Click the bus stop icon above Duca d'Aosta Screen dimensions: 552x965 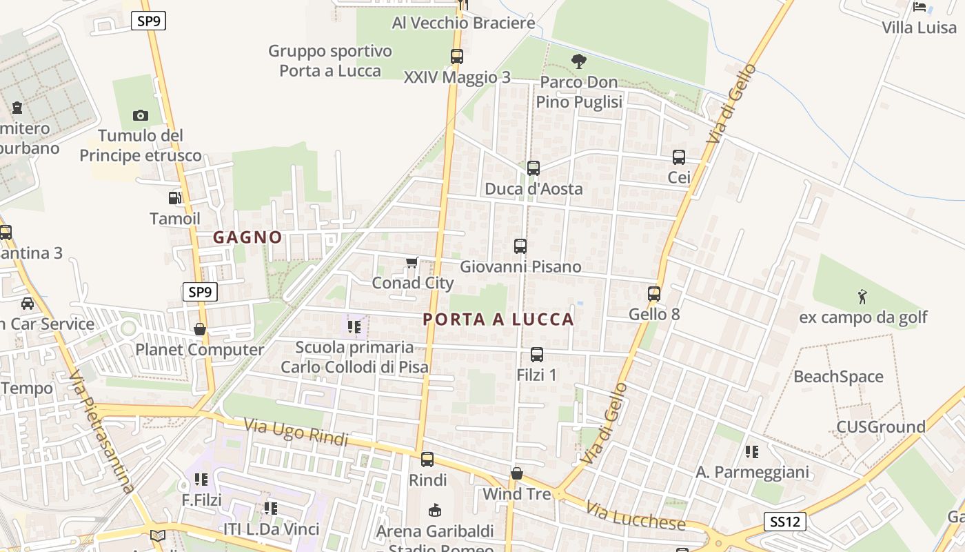533,168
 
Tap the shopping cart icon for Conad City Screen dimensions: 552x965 412,262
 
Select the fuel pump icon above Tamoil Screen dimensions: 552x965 175,198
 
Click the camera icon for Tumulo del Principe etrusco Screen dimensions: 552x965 141,115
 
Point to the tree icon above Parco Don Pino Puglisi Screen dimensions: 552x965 579,61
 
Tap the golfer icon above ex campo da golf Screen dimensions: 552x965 862,297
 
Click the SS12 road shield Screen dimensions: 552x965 785,522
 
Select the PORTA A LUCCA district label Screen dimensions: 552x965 498,319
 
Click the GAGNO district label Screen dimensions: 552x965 247,237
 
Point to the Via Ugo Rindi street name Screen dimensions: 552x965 296,431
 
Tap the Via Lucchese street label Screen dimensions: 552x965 636,516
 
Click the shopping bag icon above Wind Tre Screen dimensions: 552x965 517,473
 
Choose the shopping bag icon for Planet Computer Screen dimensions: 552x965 200,329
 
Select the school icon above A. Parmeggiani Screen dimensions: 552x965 752,452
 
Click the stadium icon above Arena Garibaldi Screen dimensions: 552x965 435,510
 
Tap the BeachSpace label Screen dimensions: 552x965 838,377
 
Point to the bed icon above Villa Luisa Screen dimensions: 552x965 920,7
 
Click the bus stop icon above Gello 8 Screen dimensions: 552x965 654,294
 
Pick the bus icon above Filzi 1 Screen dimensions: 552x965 537,355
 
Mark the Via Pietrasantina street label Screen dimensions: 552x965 101,433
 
